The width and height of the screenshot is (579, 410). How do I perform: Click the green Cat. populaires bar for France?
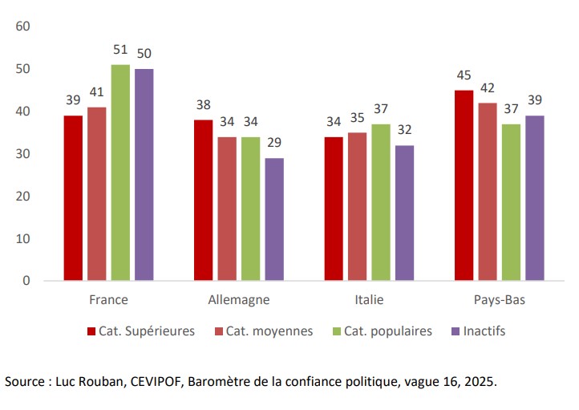[120, 173]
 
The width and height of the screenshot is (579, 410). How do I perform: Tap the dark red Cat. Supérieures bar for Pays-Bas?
[464, 185]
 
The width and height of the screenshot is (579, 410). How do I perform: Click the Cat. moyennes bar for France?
[96, 193]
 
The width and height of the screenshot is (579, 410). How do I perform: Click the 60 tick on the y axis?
[22, 26]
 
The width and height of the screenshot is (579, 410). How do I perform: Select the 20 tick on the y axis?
[22, 196]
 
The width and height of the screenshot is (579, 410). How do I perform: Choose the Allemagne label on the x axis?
[239, 301]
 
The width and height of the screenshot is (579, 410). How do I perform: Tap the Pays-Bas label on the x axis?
[499, 301]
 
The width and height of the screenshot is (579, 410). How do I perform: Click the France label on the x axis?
[108, 301]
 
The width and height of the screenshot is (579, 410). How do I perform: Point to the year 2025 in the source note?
[479, 382]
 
